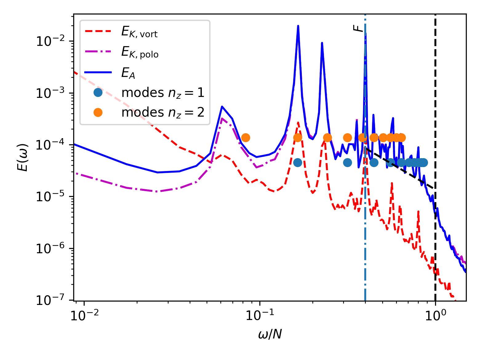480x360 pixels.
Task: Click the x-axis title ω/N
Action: click(x=270, y=334)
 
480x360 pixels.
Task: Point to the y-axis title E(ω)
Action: click(x=23, y=157)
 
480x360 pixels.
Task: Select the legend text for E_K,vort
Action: click(x=139, y=32)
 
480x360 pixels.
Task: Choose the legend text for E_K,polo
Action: click(x=140, y=53)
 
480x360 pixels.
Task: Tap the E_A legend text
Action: click(x=128, y=73)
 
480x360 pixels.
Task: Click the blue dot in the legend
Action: click(x=98, y=93)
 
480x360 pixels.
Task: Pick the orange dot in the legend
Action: click(x=98, y=113)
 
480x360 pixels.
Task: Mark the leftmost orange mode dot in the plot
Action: click(x=246, y=138)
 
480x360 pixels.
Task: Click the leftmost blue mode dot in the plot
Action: click(x=298, y=162)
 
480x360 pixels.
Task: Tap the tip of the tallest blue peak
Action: click(x=298, y=26)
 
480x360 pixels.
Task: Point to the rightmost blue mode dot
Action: click(x=424, y=162)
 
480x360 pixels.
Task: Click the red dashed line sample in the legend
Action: click(x=98, y=31)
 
